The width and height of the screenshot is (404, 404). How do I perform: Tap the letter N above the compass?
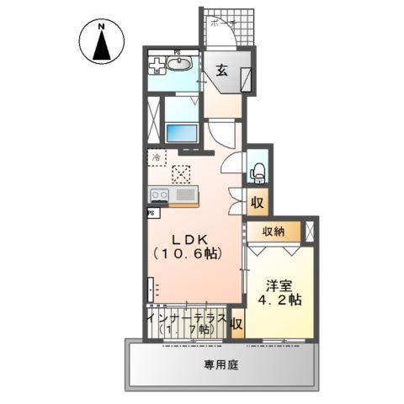coord(101,27)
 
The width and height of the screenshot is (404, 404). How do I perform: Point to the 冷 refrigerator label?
coord(157,156)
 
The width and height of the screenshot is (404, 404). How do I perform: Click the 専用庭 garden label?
coord(221,365)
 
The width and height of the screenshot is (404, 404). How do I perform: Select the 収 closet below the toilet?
coord(257,203)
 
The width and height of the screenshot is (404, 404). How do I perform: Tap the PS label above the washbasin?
coord(178,52)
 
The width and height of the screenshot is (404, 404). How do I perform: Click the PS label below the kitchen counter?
coord(151,213)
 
